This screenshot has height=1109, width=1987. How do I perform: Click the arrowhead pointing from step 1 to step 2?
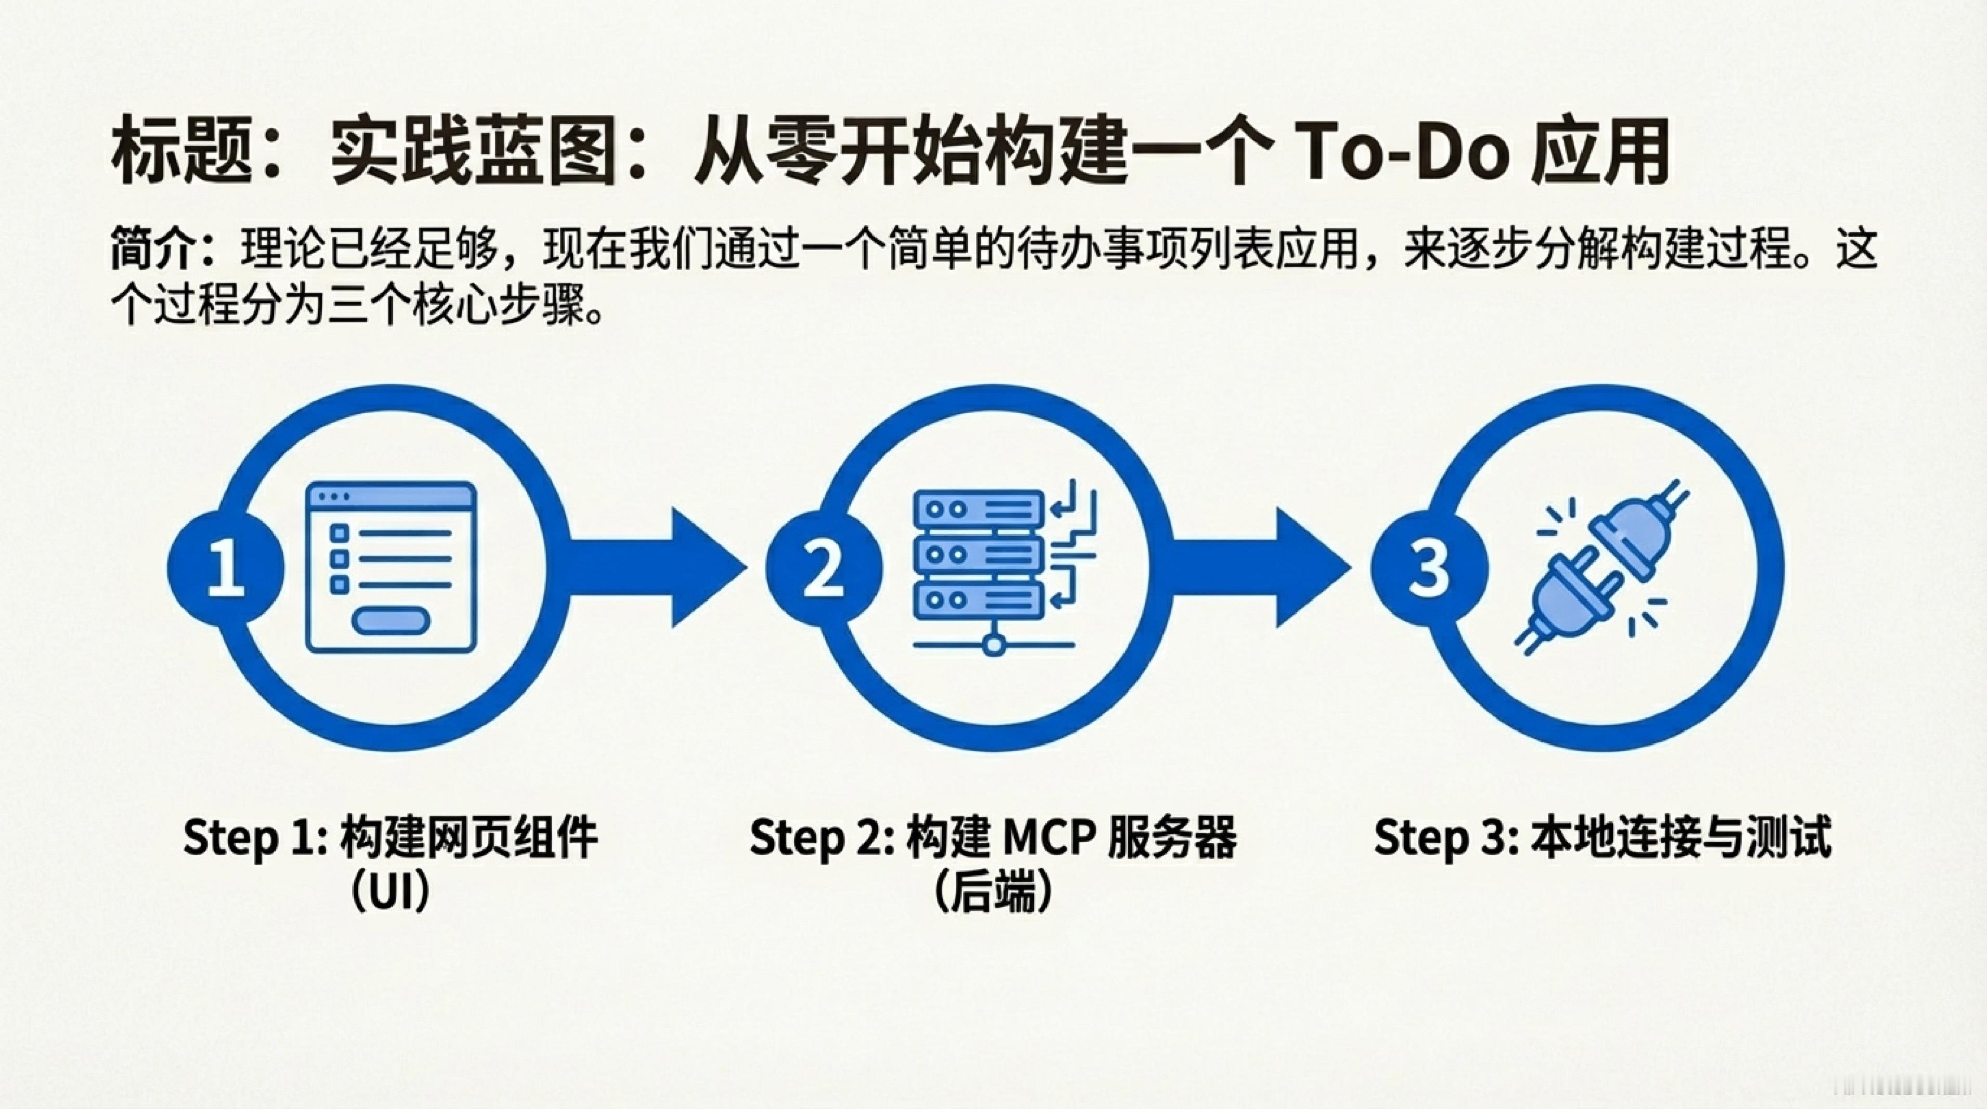tap(706, 568)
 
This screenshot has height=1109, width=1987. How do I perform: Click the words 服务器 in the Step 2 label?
tap(1172, 839)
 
